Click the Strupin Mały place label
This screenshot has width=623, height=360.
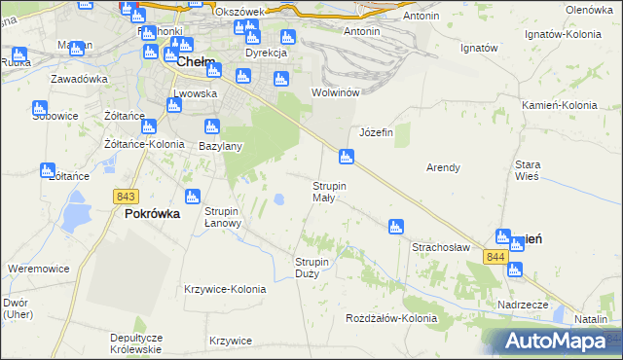[329, 191]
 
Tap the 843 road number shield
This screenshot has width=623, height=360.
[125, 196]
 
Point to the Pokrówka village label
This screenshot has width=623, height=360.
[152, 214]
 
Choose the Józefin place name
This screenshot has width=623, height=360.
[376, 132]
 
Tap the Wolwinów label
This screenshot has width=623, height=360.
[336, 92]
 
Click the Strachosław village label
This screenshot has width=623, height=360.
[441, 247]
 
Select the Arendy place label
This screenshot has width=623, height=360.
[443, 167]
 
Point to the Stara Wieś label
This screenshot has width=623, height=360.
[528, 171]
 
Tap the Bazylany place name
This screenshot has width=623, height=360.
[220, 146]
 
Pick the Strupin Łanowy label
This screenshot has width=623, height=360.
[230, 216]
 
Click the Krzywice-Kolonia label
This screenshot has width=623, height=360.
[225, 289]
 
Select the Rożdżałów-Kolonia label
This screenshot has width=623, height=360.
[391, 318]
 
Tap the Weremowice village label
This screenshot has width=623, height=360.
[36, 268]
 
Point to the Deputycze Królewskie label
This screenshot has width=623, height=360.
[136, 342]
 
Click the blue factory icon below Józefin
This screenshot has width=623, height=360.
[346, 156]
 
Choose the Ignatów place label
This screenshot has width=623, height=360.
[479, 48]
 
